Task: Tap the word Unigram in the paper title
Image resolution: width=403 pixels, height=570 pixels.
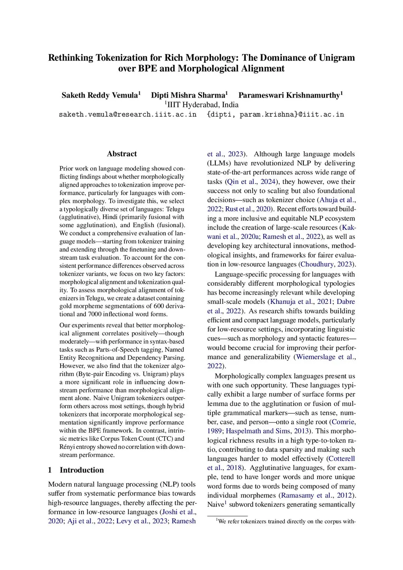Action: [x=336, y=58]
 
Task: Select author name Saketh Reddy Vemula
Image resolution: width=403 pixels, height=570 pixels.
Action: [x=100, y=95]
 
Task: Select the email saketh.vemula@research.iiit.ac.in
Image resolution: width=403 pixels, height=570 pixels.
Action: [x=128, y=115]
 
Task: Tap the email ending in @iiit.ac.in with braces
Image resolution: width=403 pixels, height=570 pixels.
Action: [x=275, y=115]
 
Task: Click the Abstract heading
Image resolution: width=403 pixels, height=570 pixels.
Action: [x=122, y=154]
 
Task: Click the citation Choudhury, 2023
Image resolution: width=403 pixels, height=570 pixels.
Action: [x=326, y=264]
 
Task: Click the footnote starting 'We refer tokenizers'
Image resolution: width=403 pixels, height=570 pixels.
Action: [x=287, y=522]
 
